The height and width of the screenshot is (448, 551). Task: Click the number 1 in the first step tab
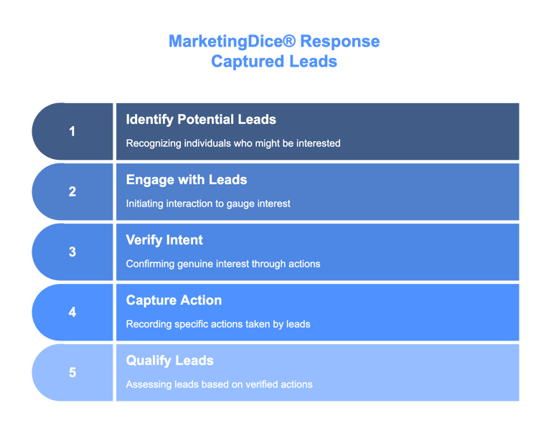tap(72, 131)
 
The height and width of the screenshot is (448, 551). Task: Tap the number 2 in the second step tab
tap(72, 191)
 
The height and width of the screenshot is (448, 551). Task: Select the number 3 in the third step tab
tap(72, 252)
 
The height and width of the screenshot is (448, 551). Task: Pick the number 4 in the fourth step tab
tap(72, 312)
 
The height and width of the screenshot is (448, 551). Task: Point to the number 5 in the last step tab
tap(72, 372)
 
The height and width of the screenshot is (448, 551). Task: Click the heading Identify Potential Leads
tap(201, 120)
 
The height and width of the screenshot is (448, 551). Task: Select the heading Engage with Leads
tap(187, 180)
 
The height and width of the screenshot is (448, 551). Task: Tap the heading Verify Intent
tap(164, 240)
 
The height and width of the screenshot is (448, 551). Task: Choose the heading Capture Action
tap(174, 300)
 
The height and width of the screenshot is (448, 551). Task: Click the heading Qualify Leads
tap(170, 361)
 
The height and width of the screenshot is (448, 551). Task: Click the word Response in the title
tap(340, 42)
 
